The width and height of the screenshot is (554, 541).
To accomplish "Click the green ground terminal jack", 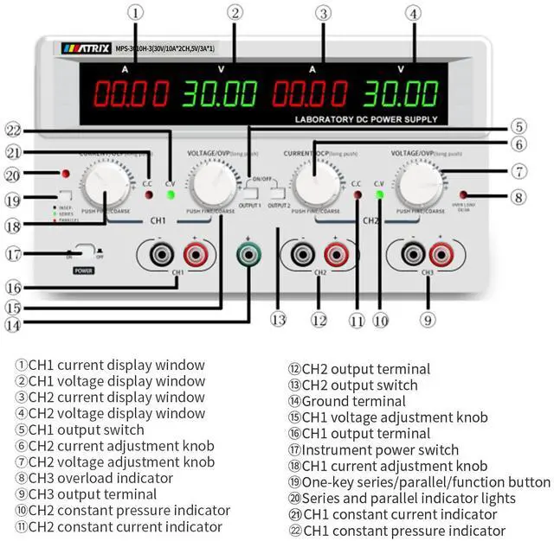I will point(249,254).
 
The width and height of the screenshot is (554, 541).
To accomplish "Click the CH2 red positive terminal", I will point(334,254).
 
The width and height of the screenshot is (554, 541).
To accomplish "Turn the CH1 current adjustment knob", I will point(104,185).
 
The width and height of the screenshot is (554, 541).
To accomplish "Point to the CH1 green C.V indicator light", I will point(171,194).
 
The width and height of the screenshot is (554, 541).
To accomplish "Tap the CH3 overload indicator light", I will point(465,195).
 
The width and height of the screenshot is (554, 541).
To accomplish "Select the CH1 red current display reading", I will point(131,93).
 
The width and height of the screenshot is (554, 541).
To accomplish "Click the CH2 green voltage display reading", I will point(399,93).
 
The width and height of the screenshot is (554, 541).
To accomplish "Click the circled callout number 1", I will point(138,12).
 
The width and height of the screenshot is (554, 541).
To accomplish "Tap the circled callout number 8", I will point(519,196).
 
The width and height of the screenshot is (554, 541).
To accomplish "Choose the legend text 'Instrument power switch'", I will point(372,449).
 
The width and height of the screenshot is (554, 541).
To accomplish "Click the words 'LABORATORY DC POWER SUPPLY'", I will point(366,119).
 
